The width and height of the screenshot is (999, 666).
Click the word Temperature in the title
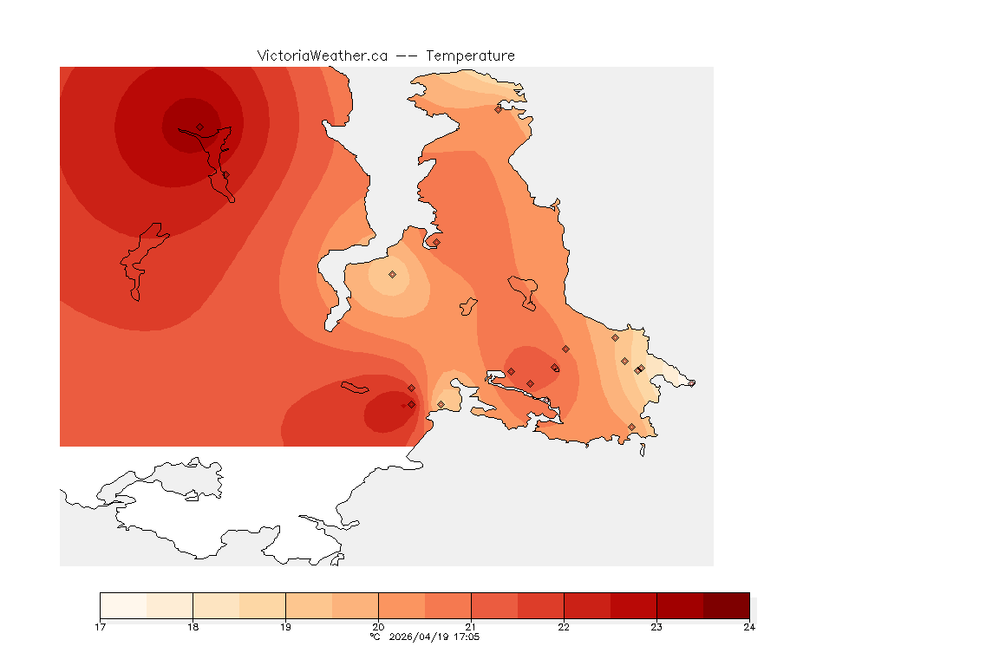[x=471, y=55]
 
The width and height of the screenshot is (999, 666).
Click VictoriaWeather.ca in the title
[x=322, y=55]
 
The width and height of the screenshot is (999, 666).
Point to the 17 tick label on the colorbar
[x=101, y=626]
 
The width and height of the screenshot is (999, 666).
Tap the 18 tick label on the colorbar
[x=193, y=626]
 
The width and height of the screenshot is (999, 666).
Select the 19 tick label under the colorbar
[x=285, y=626]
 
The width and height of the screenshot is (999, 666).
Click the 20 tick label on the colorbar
[x=378, y=626]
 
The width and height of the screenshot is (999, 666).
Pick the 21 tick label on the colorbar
[x=471, y=626]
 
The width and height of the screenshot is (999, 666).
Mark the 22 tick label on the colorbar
[x=564, y=626]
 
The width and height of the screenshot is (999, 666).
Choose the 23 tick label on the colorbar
[x=656, y=626]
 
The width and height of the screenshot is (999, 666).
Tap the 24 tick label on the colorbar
[x=749, y=626]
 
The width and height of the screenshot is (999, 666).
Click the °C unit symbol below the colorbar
[x=375, y=637]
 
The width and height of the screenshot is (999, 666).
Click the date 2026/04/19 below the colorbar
[x=420, y=637]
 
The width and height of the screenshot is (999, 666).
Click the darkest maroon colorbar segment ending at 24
[x=726, y=604]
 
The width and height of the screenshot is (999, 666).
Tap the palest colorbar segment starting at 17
[x=124, y=604]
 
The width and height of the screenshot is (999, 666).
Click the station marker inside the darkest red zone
[x=199, y=127]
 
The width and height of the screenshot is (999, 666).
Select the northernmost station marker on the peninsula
[x=498, y=109]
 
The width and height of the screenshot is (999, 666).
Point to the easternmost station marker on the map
[x=691, y=383]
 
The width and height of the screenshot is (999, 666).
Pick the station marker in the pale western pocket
[x=392, y=274]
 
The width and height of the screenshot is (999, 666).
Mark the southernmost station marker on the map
[x=631, y=427]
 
